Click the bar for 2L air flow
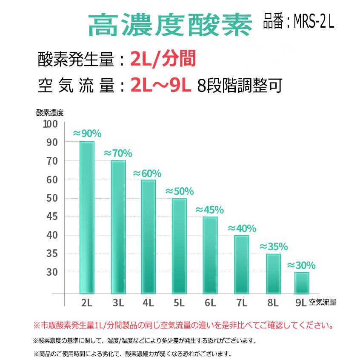[x=87, y=217]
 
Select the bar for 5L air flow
[x=179, y=246]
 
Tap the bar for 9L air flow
[x=302, y=283]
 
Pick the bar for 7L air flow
[x=242, y=264]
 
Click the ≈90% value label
[x=87, y=134]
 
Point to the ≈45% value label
[x=209, y=210]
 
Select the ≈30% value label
[x=301, y=266]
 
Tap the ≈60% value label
[x=147, y=174]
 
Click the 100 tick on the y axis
[x=50, y=124]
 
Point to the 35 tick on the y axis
[x=52, y=254]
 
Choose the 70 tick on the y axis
[x=52, y=161]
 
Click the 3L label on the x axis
[x=118, y=303]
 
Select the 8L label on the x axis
[x=272, y=303]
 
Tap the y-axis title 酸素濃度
[x=50, y=113]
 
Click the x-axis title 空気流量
[x=323, y=303]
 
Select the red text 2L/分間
[x=163, y=59]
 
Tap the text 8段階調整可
[x=240, y=85]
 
